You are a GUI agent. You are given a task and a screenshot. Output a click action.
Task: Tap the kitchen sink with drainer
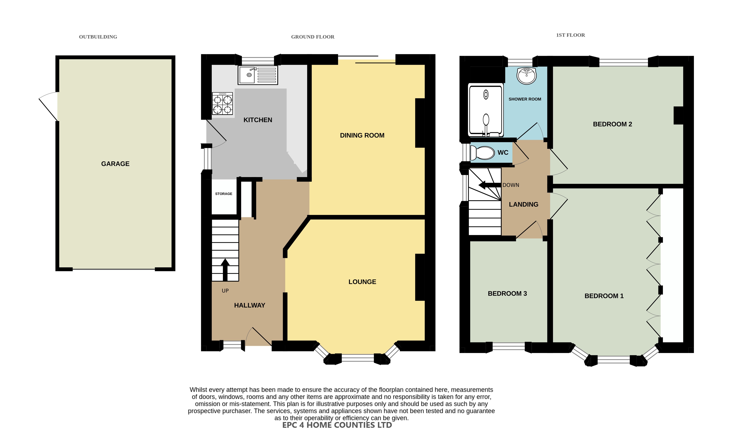(x=258, y=75)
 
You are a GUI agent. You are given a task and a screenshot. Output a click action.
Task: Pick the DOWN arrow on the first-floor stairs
(x=490, y=185)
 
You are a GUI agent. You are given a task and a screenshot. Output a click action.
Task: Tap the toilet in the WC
(x=482, y=153)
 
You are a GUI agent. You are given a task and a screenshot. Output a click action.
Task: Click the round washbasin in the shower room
(x=527, y=76)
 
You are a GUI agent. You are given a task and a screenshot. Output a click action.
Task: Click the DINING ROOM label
(x=362, y=136)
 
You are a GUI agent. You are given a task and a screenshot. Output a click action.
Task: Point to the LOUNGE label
(x=362, y=282)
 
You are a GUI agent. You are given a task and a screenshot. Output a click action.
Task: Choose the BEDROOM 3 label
(x=507, y=293)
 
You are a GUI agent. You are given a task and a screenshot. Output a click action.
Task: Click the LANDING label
(x=524, y=205)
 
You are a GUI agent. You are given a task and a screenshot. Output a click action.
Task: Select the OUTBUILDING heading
(x=98, y=37)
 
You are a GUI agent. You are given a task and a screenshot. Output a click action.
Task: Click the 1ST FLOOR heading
(x=570, y=35)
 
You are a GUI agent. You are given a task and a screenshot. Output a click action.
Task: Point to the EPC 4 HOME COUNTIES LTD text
(x=337, y=425)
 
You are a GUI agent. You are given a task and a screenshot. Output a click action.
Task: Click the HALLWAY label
(x=250, y=306)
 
